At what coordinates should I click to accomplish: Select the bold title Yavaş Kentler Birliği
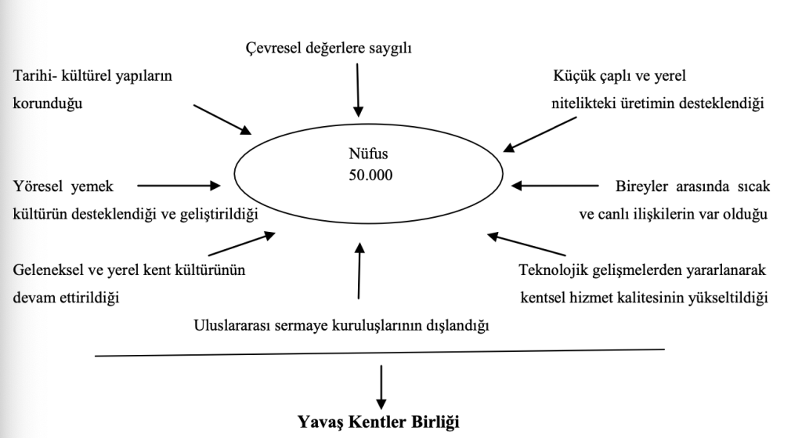pyautogui.click(x=378, y=422)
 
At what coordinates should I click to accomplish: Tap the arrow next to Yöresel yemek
pyautogui.click(x=179, y=186)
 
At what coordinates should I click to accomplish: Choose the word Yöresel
pyautogui.click(x=40, y=186)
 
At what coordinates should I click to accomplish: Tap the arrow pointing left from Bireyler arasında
pyautogui.click(x=553, y=186)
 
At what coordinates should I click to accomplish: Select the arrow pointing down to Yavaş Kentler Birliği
pyautogui.click(x=381, y=384)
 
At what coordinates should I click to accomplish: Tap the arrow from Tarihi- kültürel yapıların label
pyautogui.click(x=222, y=118)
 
